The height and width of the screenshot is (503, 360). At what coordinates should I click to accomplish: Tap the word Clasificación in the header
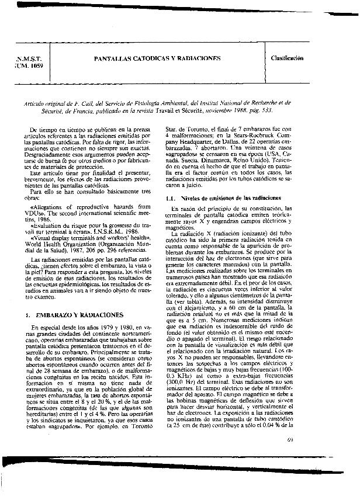click(x=287, y=58)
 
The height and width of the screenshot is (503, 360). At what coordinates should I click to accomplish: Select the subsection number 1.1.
click(x=171, y=198)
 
